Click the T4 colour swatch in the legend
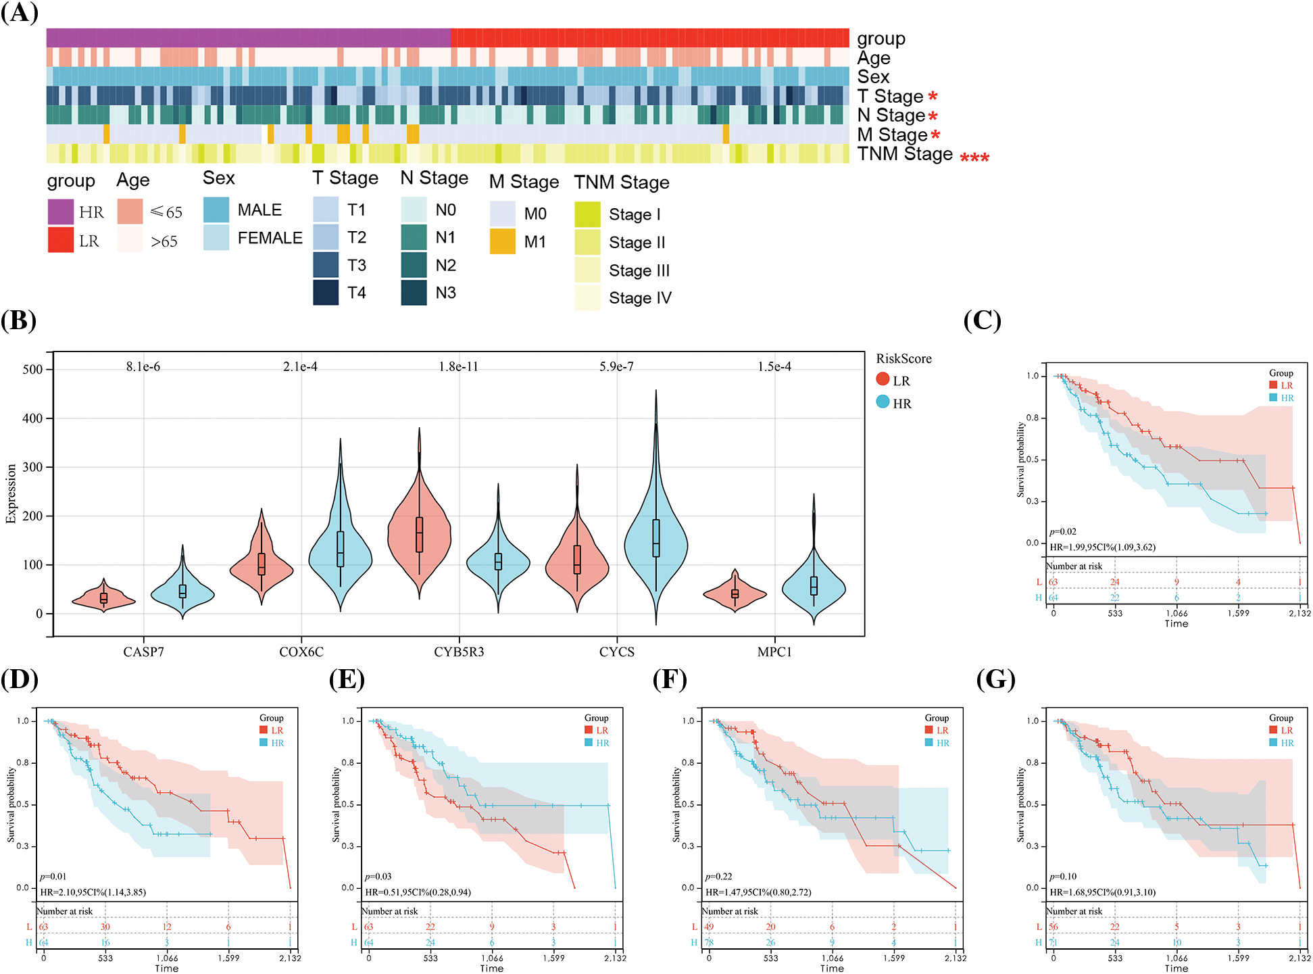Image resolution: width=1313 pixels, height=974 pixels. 325,293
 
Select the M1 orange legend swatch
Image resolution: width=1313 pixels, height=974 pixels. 502,241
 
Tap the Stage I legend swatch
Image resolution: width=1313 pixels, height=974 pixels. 587,214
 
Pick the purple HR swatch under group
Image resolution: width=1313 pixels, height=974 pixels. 60,212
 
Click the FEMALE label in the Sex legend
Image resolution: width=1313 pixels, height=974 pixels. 270,238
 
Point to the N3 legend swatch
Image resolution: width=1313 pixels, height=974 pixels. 414,293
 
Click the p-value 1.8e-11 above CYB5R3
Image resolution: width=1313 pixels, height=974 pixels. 458,366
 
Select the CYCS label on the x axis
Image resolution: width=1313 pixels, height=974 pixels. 616,652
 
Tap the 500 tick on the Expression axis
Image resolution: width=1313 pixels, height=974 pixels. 32,369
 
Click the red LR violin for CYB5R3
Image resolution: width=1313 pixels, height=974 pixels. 419,534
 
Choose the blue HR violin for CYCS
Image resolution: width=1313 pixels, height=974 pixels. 655,541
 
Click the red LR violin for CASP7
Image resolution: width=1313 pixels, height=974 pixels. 103,598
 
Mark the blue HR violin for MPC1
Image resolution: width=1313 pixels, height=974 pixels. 814,588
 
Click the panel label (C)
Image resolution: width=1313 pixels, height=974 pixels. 982,320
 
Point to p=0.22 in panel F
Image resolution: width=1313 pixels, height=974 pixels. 718,876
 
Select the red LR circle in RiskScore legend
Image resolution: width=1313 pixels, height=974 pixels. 883,380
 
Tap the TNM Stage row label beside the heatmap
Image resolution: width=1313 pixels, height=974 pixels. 905,154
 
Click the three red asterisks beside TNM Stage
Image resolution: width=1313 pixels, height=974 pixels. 974,158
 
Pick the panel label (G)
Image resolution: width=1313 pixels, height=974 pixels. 995,679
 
